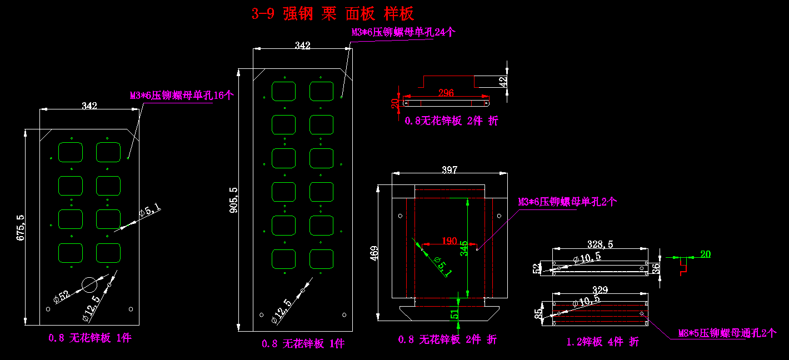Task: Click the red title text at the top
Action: [x=333, y=14]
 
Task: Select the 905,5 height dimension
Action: [x=233, y=200]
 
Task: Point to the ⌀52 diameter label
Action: [x=62, y=296]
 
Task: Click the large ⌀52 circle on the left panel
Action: [x=89, y=284]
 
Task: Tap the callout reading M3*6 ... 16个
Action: [x=182, y=96]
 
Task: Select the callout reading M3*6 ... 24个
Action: [x=403, y=32]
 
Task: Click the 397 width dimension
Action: [x=449, y=169]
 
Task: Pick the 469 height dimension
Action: [x=374, y=253]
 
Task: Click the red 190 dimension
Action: [x=449, y=241]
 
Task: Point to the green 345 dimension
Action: [x=464, y=248]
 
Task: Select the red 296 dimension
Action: [x=446, y=92]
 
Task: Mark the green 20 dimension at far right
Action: [x=705, y=254]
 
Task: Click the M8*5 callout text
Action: [x=727, y=333]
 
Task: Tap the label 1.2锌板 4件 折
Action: [x=602, y=342]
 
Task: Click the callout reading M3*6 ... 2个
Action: [x=567, y=202]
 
